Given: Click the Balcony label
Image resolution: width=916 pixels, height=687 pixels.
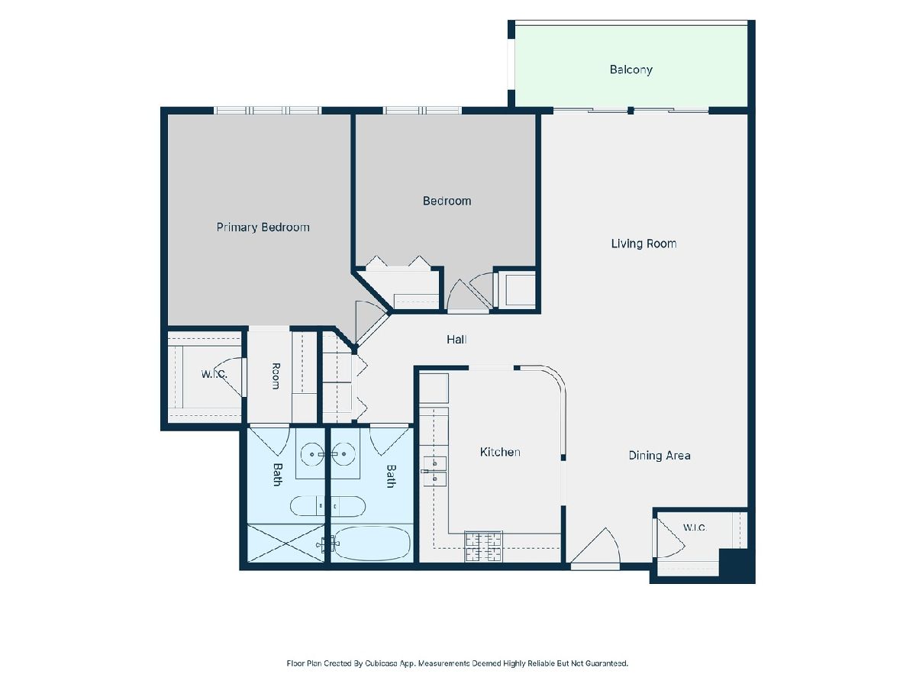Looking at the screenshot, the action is [631, 69].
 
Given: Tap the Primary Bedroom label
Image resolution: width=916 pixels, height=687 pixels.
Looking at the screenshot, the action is [263, 227].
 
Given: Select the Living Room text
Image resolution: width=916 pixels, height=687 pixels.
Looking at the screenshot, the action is [643, 244].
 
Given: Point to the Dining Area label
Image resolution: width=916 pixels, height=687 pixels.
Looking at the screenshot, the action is [660, 456].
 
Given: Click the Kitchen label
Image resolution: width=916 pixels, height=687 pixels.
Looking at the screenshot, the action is [500, 452].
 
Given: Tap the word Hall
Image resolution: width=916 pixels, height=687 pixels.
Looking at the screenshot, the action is [456, 340].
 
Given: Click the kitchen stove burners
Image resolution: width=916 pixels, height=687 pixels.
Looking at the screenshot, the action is [483, 547].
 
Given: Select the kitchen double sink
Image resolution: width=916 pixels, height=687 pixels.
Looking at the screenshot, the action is [434, 471].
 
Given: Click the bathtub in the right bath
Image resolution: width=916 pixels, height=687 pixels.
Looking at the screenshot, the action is [372, 543].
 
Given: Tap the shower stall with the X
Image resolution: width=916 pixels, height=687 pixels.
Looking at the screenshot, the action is [285, 543].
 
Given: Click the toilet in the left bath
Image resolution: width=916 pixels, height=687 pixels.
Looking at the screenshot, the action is [307, 506].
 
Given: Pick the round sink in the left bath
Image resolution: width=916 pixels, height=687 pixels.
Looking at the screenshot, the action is [311, 454].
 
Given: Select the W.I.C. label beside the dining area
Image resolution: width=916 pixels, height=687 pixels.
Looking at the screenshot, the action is [695, 527].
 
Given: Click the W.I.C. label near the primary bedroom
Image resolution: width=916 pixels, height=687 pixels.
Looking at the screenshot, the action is [214, 374].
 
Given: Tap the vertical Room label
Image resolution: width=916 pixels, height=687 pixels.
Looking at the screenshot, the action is [276, 376].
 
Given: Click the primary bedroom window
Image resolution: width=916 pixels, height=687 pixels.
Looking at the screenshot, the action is [268, 111].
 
